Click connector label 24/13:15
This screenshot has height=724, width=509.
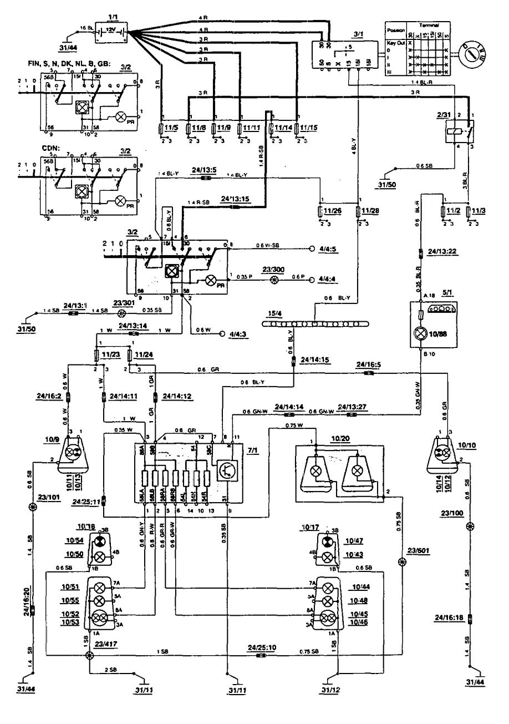(x=235, y=198)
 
